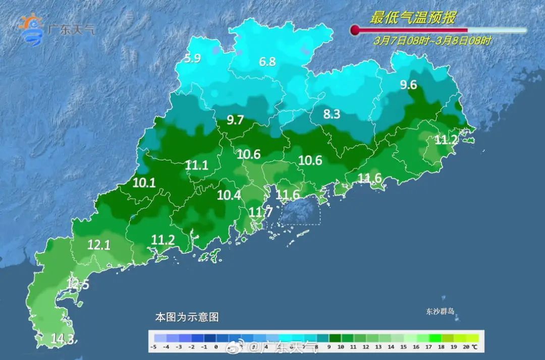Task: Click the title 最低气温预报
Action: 413,18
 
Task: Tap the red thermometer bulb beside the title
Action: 355,31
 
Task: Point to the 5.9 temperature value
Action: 192,59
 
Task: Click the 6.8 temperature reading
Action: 267,62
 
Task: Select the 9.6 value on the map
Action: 408,85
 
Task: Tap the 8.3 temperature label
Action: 332,115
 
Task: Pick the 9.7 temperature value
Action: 235,120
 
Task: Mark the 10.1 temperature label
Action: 144,183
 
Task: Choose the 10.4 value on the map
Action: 229,195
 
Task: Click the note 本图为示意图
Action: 187,318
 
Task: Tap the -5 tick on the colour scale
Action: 154,347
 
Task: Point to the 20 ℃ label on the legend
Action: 470,347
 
